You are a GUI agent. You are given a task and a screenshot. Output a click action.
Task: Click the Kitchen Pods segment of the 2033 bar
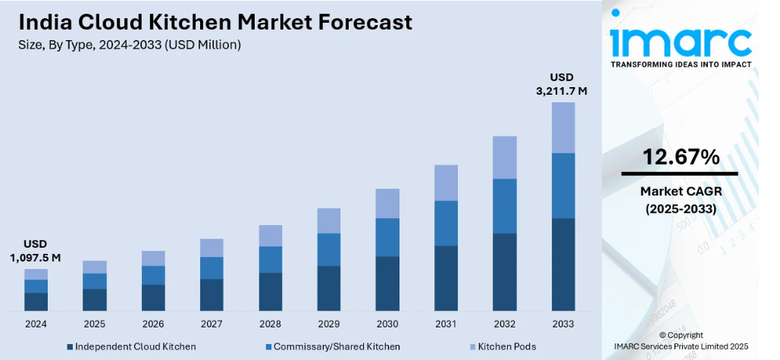pos(563,127)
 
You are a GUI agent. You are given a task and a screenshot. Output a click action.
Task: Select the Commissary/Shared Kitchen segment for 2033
pos(563,186)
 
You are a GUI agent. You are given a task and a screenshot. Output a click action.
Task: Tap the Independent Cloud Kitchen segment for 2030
pos(387,283)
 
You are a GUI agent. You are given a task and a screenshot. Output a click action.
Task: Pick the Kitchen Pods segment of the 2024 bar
pos(36,274)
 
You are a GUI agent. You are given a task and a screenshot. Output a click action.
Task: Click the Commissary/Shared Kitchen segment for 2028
pos(270,259)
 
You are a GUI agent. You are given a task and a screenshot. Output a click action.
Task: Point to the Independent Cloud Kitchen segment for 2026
pos(153,297)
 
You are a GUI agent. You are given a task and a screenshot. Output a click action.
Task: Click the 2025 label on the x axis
pos(94,324)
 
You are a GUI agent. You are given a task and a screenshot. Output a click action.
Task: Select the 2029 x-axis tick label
pos(328,324)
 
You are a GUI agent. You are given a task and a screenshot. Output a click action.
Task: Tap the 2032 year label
pos(504,324)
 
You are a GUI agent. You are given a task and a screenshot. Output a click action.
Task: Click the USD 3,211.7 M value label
pos(562,84)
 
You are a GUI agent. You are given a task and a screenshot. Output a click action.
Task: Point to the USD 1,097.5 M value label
pos(36,251)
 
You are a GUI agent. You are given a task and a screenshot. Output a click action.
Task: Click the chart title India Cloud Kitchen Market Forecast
pos(216,22)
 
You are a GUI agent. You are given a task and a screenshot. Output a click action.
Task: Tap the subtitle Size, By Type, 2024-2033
pos(130,45)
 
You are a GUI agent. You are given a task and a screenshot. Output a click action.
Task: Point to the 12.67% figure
pos(681,158)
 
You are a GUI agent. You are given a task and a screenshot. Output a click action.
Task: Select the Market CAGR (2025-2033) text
pos(681,199)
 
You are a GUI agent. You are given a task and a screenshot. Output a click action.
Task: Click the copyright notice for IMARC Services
pos(681,340)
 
